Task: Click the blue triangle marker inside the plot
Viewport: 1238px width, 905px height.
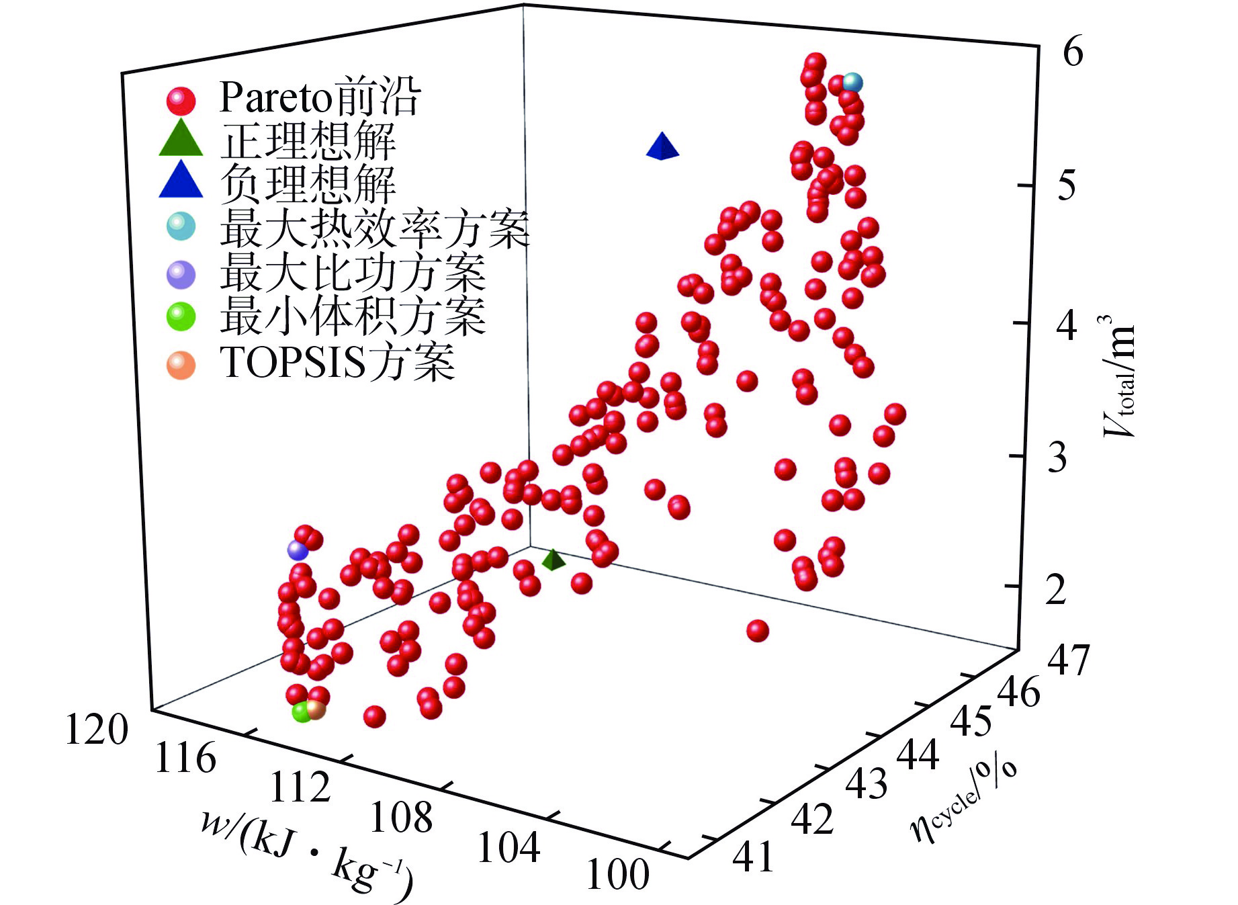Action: (x=662, y=147)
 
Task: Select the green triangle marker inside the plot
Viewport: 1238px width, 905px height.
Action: (x=552, y=560)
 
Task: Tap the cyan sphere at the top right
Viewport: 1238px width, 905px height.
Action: (x=852, y=83)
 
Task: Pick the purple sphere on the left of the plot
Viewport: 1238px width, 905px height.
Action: (x=297, y=550)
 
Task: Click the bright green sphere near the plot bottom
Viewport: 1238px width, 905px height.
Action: (x=302, y=712)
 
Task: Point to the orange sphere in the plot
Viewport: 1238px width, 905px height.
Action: (x=316, y=709)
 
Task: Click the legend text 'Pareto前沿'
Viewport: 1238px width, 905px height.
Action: (x=320, y=98)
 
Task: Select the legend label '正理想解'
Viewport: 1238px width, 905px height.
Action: (x=308, y=140)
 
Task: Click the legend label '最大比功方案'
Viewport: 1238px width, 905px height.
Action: (x=353, y=272)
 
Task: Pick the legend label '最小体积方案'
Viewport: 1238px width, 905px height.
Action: (x=353, y=316)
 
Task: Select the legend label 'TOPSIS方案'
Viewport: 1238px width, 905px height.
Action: (x=338, y=362)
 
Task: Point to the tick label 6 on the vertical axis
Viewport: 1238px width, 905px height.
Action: (x=1072, y=51)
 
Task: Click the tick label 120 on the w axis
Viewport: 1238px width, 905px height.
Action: (x=95, y=730)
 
